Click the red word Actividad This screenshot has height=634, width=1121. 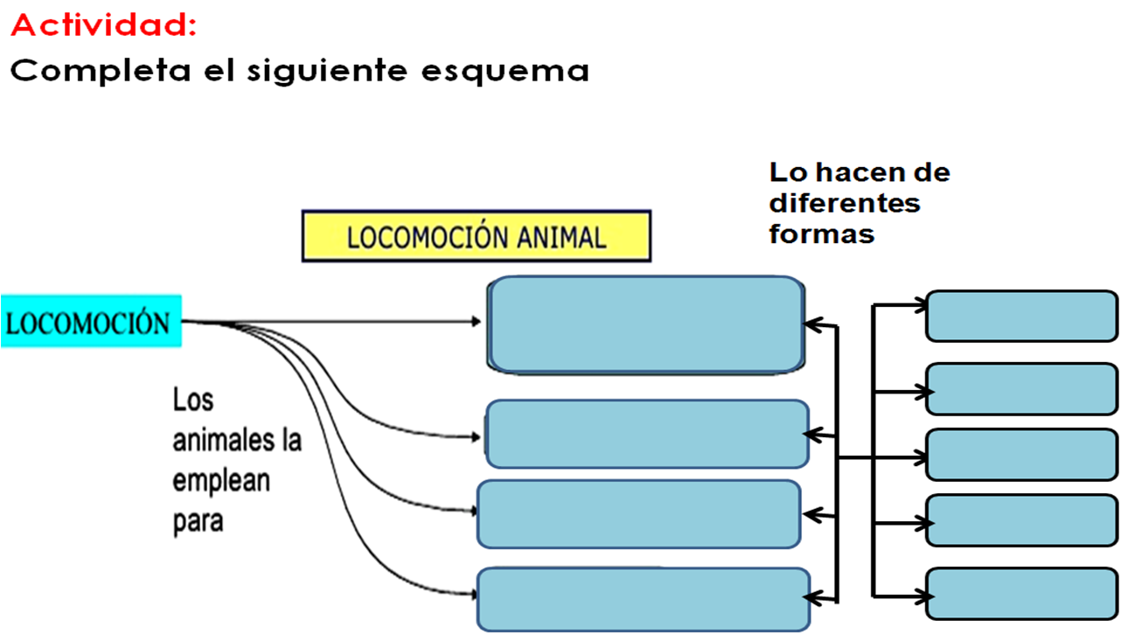103,25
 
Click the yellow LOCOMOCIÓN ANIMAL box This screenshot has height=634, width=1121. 477,236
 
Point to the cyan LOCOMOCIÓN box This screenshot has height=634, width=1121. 91,321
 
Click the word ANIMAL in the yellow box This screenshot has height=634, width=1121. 561,238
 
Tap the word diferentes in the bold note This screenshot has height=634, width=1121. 845,203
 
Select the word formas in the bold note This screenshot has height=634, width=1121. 822,234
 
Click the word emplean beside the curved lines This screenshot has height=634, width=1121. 221,481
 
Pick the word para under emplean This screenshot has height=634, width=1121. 198,522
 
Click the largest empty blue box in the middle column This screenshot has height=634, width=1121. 646,324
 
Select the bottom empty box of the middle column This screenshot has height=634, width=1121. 644,599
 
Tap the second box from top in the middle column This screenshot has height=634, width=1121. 647,434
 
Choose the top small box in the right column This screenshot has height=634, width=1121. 1022,316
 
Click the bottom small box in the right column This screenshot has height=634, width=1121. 1022,594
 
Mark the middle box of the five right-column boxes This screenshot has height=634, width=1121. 1022,455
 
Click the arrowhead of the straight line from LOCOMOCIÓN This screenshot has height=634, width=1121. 476,321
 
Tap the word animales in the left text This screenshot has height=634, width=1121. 223,441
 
